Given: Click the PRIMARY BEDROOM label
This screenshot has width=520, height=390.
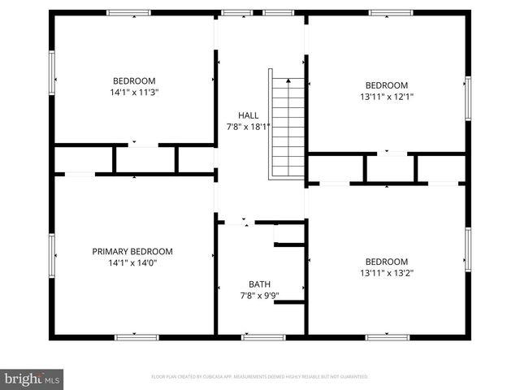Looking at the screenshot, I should (x=132, y=252).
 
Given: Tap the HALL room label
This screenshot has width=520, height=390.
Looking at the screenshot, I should (x=248, y=115).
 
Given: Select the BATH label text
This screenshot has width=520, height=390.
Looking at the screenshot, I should (x=259, y=284).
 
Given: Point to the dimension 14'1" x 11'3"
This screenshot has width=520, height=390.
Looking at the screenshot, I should (x=134, y=92).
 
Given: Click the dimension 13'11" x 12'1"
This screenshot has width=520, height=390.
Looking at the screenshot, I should (x=386, y=97).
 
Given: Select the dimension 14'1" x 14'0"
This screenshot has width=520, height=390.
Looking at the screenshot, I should (x=132, y=262).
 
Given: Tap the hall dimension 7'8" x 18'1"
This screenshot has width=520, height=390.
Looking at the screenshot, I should (x=248, y=127).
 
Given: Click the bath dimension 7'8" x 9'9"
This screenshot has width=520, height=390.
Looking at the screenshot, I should (x=259, y=295).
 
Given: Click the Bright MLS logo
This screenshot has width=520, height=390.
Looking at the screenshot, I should (x=32, y=379).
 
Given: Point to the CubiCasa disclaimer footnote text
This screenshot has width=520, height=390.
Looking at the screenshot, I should (x=260, y=377).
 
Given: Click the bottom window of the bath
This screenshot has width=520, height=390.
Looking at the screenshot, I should (x=263, y=336).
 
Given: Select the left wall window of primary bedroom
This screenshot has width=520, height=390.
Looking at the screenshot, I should (x=52, y=256).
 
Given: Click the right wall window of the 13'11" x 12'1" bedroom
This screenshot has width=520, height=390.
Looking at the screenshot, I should (x=468, y=97).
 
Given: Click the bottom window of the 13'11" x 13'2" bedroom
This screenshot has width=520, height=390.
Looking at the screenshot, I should (x=387, y=336).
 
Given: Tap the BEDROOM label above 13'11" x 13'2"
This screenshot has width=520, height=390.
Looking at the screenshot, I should (x=386, y=262).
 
